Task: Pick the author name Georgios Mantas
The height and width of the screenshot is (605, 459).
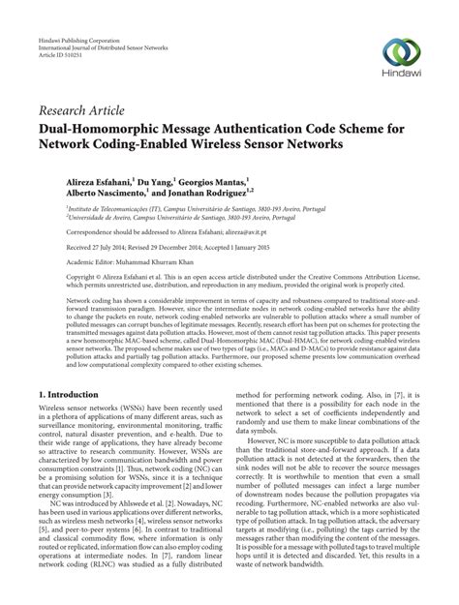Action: (x=210, y=180)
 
